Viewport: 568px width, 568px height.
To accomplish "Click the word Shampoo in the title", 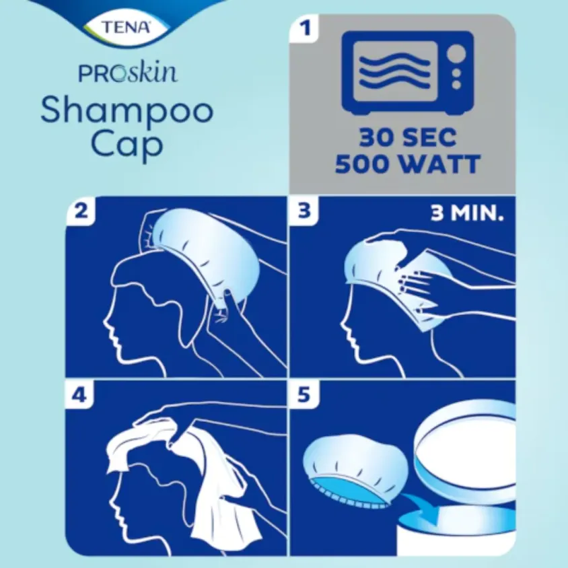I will tap(127, 110).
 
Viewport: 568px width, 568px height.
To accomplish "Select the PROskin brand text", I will tap(128, 72).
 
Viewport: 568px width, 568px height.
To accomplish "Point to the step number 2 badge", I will tap(82, 211).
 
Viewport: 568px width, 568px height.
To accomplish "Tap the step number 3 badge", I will tap(305, 211).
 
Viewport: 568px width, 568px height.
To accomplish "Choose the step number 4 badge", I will tap(81, 395).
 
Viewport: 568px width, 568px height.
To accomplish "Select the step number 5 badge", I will tap(305, 395).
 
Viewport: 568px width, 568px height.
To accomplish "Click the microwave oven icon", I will tap(407, 72).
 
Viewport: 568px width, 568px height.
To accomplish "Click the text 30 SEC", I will tap(407, 137).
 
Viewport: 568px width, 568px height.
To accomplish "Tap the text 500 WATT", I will tap(407, 164).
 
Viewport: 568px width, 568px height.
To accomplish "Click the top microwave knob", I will tap(457, 52).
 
